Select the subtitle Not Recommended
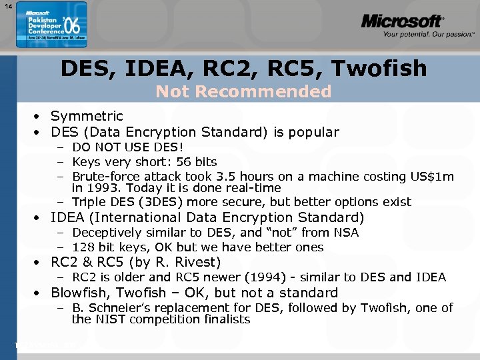243,91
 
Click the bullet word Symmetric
87,116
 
